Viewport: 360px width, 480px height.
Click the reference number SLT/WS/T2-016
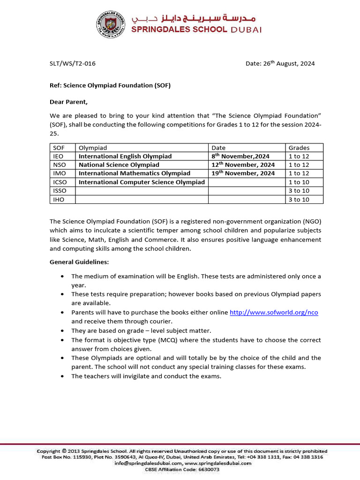click(x=73, y=64)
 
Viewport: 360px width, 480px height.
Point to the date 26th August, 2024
click(x=280, y=64)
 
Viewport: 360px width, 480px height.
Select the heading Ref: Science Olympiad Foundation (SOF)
click(x=110, y=85)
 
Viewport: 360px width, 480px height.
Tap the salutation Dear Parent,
click(x=68, y=102)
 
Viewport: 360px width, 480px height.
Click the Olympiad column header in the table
click(x=92, y=148)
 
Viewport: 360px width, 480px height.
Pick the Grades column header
click(x=299, y=148)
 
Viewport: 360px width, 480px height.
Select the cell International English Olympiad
click(x=125, y=156)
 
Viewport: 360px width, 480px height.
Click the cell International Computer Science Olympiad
click(x=142, y=182)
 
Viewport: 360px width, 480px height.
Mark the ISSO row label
click(x=60, y=191)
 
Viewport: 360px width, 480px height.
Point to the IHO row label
click(x=58, y=199)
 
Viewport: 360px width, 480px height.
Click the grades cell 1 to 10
click(x=299, y=182)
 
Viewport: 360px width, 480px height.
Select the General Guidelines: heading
click(x=79, y=262)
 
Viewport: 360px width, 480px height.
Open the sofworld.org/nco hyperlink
click(x=274, y=312)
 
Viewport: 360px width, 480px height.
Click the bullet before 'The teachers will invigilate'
click(x=62, y=376)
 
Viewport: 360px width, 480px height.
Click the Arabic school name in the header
click(x=194, y=19)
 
